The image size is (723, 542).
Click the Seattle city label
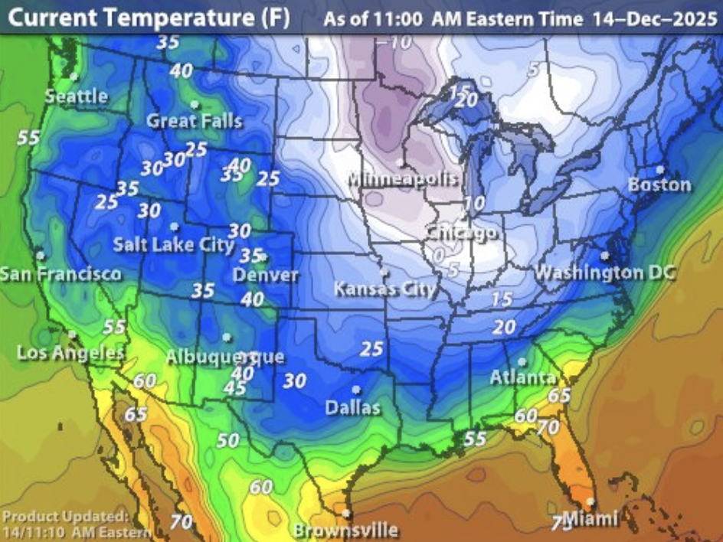[76, 96]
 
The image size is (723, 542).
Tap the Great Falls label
[194, 121]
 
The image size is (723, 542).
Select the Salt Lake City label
[173, 245]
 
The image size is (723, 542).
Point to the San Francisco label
[60, 274]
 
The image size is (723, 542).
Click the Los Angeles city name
[70, 353]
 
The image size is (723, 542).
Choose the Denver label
[266, 274]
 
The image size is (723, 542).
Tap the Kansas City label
[384, 289]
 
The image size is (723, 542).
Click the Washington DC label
[605, 273]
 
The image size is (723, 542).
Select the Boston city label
[659, 184]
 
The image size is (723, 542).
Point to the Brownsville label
[345, 530]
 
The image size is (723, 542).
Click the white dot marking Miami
[590, 502]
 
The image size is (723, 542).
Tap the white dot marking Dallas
[356, 390]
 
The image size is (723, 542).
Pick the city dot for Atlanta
[522, 362]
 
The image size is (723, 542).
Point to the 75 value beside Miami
[561, 524]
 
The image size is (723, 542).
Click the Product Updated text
[65, 516]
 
